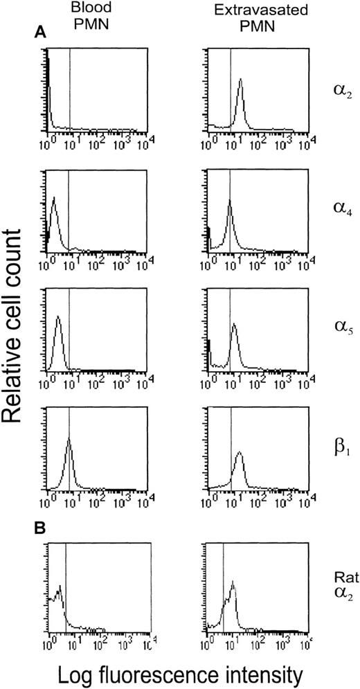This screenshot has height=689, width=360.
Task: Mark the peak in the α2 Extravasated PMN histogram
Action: tap(240, 80)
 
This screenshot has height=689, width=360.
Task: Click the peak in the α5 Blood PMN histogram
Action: tap(58, 317)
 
